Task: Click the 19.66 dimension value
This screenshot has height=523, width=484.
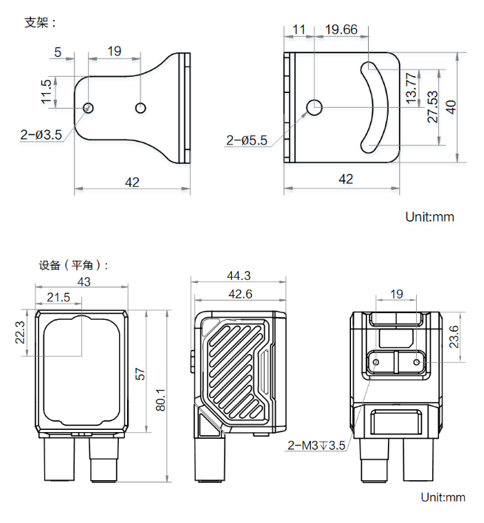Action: pos(341,30)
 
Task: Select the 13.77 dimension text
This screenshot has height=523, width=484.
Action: pos(412,88)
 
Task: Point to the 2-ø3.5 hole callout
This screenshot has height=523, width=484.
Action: pos(41,134)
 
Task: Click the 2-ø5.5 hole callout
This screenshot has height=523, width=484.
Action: pos(247,140)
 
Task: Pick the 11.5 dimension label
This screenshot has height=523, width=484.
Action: pos(47,92)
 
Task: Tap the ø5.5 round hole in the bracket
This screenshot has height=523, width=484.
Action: pos(314,107)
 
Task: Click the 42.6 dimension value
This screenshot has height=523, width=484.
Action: pos(239,294)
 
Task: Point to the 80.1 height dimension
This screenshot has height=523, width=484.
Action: pos(162,400)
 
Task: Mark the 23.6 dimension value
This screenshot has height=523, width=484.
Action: pos(454,337)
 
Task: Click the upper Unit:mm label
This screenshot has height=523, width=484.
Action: pos(429,216)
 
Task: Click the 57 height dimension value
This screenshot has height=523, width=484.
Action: pos(140,375)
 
